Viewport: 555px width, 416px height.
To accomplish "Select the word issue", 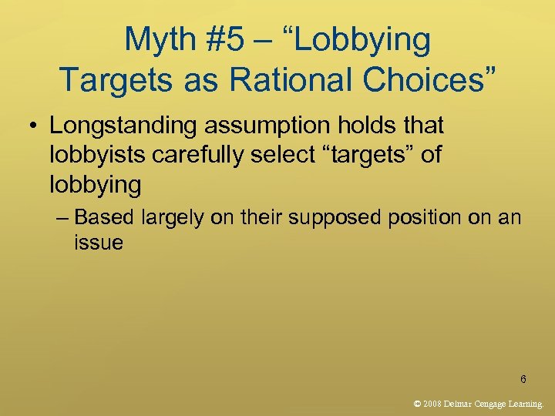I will [x=99, y=243].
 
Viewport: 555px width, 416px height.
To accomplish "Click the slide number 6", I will [x=523, y=379].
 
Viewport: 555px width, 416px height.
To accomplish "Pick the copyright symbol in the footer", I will [x=418, y=403].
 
